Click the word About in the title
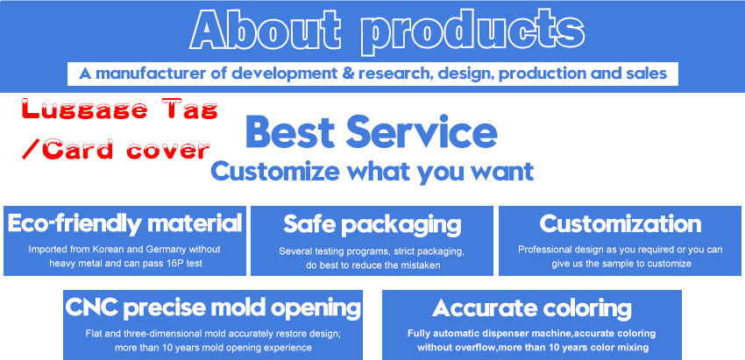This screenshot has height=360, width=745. (265, 30)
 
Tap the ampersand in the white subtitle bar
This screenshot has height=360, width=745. (349, 74)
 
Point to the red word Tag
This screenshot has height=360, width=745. (189, 110)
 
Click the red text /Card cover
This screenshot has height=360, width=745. (116, 149)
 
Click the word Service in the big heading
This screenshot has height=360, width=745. (422, 132)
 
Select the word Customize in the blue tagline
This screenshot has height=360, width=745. (275, 171)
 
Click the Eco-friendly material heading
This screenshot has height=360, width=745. (125, 223)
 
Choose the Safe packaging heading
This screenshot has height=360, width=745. (372, 224)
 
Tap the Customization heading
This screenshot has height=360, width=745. (620, 223)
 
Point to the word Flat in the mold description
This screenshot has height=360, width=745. (93, 334)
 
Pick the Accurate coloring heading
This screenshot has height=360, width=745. (532, 308)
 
